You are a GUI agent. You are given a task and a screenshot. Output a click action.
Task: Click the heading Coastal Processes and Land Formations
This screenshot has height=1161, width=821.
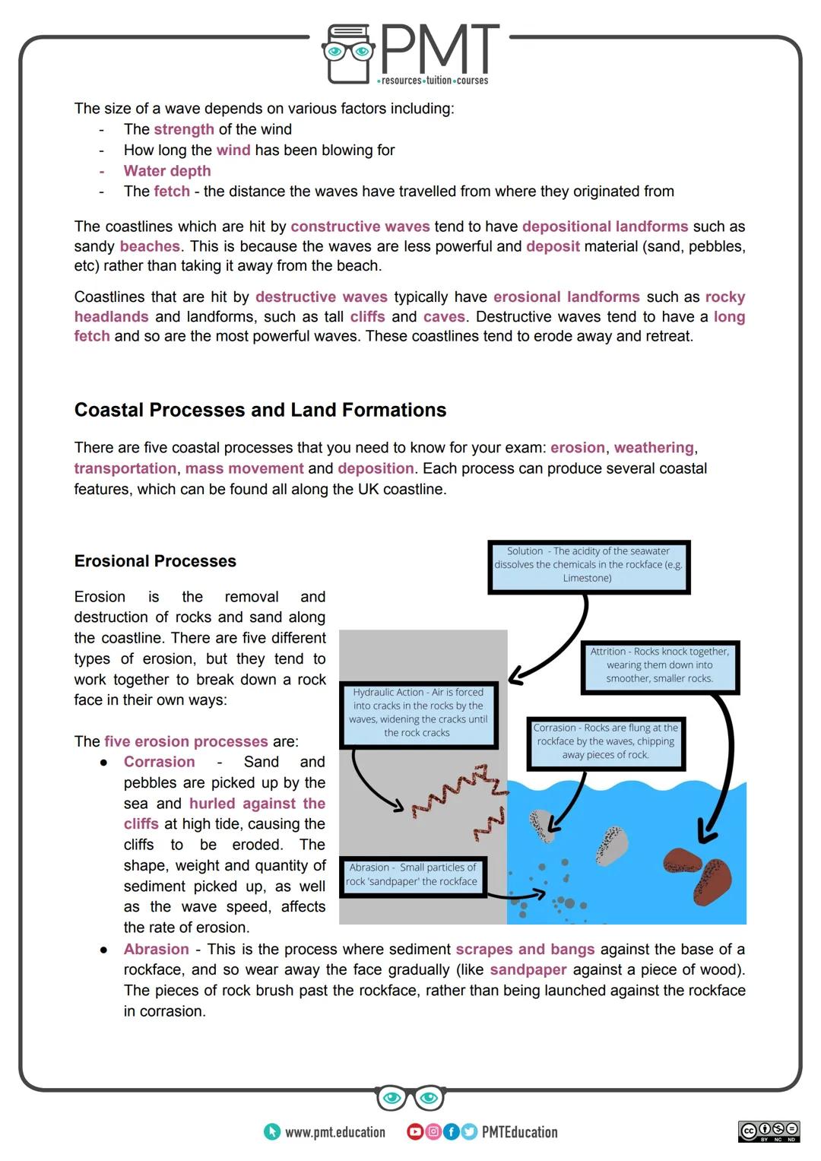tap(260, 410)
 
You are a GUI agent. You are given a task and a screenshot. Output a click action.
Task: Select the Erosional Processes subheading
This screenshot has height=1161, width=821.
tap(155, 561)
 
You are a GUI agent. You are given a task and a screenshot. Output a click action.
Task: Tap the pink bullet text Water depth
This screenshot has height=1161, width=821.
tap(167, 171)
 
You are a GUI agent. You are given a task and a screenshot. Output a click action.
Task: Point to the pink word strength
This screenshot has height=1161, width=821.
tap(184, 129)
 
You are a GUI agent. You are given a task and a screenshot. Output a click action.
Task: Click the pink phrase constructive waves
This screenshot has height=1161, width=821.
tap(360, 227)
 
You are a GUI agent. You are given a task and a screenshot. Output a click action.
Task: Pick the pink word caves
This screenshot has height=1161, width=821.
tap(443, 317)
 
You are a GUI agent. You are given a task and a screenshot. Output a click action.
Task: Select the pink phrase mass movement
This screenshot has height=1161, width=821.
tap(244, 468)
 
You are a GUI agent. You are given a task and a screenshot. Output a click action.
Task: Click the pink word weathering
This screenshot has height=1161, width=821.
tap(654, 448)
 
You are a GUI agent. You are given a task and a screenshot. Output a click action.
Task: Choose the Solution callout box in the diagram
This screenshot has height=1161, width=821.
tap(588, 566)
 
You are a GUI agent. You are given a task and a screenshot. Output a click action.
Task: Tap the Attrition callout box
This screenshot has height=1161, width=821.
tap(660, 666)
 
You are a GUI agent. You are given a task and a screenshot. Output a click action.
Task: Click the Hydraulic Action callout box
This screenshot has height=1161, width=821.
tap(418, 713)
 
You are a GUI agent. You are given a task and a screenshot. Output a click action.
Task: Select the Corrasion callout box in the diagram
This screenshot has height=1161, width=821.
tap(605, 742)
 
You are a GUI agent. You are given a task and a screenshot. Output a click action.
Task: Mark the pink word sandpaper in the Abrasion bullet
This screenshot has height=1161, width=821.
tap(528, 970)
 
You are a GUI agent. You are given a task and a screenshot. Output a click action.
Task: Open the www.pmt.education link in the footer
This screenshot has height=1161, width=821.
tap(334, 1132)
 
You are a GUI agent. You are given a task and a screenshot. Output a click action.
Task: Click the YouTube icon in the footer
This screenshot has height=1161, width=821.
tap(415, 1132)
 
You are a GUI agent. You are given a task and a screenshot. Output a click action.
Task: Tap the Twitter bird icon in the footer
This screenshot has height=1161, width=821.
tap(468, 1132)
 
